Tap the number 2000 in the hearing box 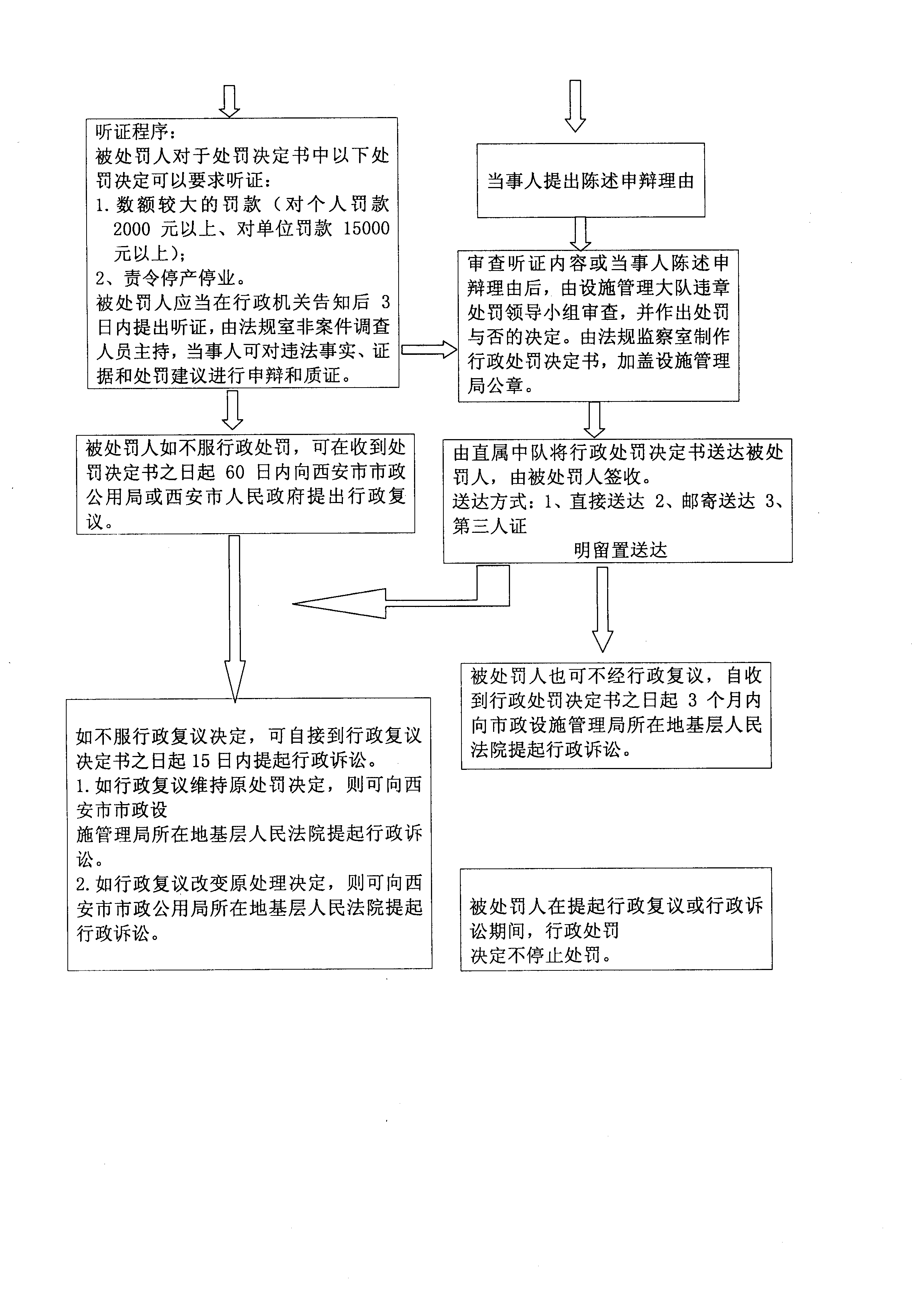click(132, 230)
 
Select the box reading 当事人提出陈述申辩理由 click(591, 181)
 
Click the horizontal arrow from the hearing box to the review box click(429, 350)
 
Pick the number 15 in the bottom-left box click(201, 761)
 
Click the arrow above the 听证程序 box click(229, 101)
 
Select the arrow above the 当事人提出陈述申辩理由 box click(575, 106)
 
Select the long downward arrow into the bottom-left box click(234, 619)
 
